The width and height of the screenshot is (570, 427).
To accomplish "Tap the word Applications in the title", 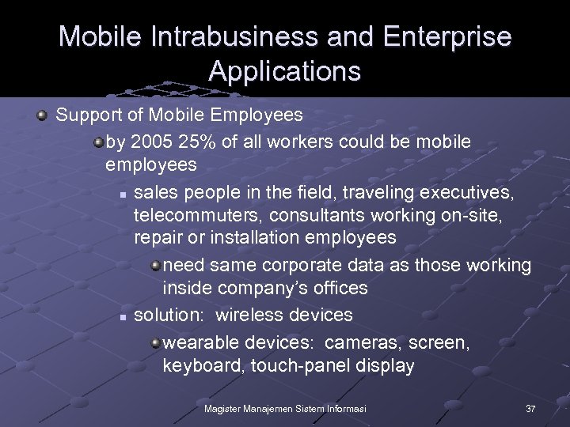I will [x=285, y=71].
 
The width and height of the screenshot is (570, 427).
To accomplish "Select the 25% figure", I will [x=197, y=142].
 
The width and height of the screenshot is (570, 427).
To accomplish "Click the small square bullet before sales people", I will [x=123, y=193].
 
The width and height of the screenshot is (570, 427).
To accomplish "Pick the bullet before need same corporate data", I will [x=156, y=265].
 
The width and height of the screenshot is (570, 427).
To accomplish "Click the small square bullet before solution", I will [x=123, y=316].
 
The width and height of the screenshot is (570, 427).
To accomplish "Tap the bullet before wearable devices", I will [x=156, y=342].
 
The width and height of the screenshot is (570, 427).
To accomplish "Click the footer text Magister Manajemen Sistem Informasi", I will [x=285, y=408].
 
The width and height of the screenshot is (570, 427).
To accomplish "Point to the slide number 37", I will [x=530, y=408].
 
